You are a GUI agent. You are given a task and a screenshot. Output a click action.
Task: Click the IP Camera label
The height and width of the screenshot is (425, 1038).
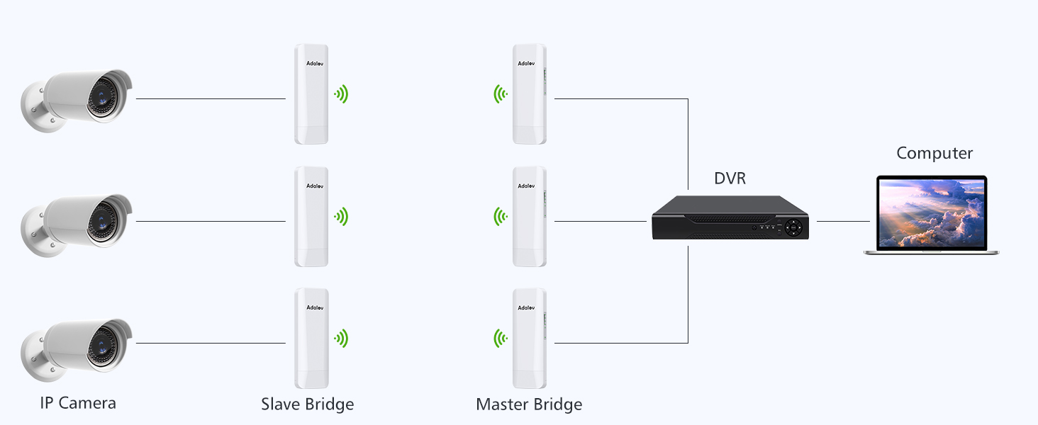point(78,403)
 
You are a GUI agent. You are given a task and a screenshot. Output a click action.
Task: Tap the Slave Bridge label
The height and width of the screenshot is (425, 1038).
point(307,404)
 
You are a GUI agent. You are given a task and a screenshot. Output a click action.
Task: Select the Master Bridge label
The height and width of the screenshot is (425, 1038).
point(529,404)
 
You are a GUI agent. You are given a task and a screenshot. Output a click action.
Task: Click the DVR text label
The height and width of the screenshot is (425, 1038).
point(730,178)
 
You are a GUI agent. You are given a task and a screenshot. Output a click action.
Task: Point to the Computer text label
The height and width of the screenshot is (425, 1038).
point(934,153)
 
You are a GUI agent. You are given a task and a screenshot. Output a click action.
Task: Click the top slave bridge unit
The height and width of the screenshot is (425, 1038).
point(311,94)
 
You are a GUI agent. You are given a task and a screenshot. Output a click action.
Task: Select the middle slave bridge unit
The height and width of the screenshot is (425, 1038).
point(311,217)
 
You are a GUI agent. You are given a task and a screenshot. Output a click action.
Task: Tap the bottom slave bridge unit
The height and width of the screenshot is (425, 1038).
point(311,339)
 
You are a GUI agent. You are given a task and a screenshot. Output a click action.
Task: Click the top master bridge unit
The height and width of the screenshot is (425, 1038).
point(530,94)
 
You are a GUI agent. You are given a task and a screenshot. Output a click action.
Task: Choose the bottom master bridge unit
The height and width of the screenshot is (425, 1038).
point(530,339)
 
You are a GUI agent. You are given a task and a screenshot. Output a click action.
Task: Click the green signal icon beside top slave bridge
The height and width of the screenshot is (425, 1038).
point(342,94)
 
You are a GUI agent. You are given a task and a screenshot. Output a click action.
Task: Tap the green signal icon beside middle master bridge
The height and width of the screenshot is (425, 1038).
point(501,216)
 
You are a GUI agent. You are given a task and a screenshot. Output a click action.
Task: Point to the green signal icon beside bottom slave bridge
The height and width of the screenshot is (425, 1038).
point(342,339)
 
